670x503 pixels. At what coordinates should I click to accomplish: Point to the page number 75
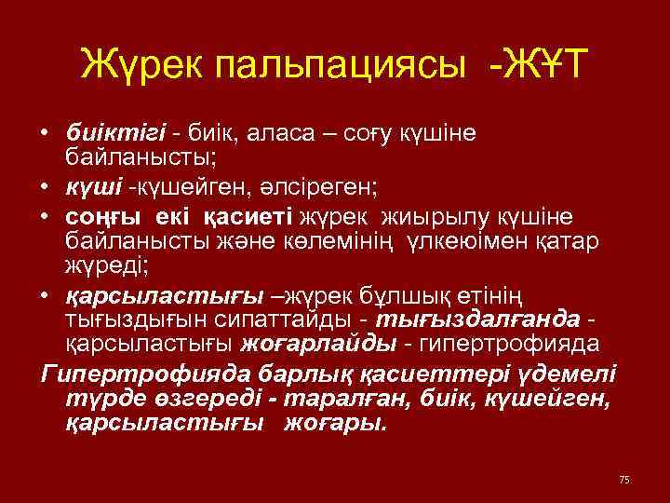(623, 479)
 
